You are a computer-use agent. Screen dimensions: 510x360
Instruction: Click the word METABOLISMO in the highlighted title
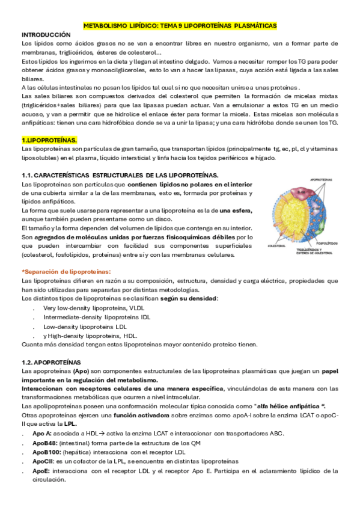106,26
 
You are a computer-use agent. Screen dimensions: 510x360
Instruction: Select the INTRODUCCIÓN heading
46,35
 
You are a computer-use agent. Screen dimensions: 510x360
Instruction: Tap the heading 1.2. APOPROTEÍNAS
50,363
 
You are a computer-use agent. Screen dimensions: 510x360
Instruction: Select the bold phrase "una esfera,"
236,210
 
